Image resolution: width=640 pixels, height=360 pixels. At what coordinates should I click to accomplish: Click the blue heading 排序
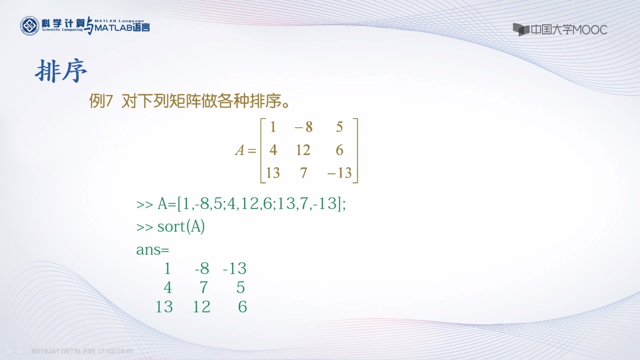[x=61, y=71]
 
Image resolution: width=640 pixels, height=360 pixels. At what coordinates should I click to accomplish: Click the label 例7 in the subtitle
[x=101, y=101]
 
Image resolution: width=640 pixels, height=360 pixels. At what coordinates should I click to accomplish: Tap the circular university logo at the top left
[x=30, y=26]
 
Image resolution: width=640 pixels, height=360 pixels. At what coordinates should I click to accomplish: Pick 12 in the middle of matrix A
[x=303, y=150]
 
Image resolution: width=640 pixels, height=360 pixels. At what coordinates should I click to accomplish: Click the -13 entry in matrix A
[x=339, y=173]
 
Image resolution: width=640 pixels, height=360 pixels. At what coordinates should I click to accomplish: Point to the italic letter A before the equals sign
[x=240, y=150]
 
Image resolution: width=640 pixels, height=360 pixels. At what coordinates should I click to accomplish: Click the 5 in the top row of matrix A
[x=339, y=127]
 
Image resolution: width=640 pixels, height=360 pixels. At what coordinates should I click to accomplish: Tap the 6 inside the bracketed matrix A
[x=339, y=150]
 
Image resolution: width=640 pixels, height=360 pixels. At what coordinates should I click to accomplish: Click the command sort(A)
[x=181, y=227]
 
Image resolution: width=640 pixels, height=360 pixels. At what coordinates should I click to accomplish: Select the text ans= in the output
[x=152, y=250]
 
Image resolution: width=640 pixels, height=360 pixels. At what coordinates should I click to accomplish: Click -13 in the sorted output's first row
[x=235, y=268]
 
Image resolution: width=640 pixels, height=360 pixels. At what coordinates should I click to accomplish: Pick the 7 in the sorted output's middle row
[x=203, y=287]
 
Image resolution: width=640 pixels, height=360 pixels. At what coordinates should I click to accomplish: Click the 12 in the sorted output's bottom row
[x=202, y=307]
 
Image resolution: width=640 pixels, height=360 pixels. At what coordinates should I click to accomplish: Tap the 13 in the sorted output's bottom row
[x=164, y=307]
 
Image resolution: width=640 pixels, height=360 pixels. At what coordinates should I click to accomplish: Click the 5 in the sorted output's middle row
[x=240, y=287]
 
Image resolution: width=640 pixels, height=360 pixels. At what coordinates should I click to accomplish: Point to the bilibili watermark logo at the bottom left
[x=17, y=350]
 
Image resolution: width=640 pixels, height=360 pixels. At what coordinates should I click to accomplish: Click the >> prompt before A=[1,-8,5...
[x=144, y=204]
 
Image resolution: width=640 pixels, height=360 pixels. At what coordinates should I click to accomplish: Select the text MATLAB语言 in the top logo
[x=122, y=27]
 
